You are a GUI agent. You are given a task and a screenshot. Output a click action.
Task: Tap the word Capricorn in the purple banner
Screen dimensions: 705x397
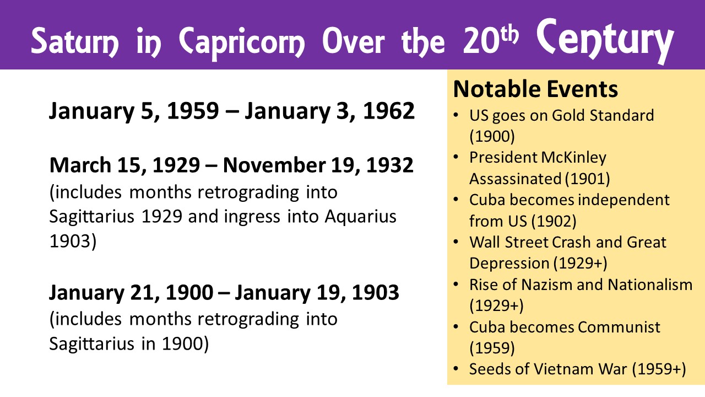[x=242, y=43]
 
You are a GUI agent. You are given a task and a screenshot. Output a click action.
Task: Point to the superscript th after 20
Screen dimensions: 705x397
[x=509, y=35]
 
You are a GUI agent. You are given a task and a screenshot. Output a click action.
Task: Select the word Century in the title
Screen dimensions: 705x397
[x=605, y=40]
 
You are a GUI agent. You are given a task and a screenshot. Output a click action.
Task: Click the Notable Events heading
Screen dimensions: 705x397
[x=535, y=89]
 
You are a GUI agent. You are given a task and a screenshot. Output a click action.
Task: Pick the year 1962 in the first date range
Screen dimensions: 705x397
[x=389, y=111]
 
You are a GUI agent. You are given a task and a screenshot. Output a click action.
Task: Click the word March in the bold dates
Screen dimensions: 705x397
[x=80, y=165]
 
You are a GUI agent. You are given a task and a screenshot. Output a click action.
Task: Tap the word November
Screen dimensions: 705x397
[x=274, y=165]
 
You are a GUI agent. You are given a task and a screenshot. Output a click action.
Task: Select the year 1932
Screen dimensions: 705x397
[x=389, y=165]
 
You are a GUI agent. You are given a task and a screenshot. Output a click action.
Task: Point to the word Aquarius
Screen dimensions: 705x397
[x=360, y=217]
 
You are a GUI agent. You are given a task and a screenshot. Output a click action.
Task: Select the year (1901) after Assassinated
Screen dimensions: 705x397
[x=587, y=179]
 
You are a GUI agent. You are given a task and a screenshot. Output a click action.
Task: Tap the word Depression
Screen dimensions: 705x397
[x=508, y=264]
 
